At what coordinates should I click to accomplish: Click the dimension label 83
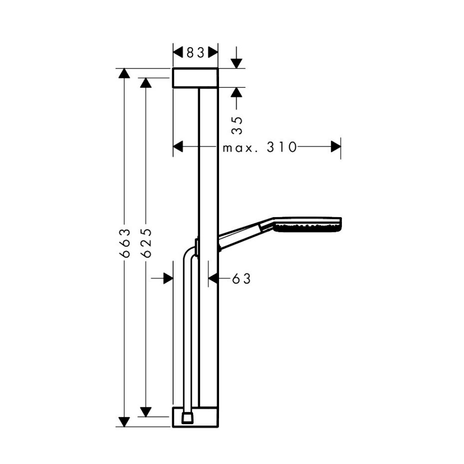tap(196, 53)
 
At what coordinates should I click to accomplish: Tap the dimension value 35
tap(237, 125)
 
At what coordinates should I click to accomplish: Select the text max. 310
tap(259, 147)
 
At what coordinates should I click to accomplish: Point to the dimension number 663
tap(125, 243)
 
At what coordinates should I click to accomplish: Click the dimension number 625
tap(146, 243)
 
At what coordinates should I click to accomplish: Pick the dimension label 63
tap(241, 279)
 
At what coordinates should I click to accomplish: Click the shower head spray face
tap(308, 228)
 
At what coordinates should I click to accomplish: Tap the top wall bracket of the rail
tap(195, 78)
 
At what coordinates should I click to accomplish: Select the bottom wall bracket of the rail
tap(195, 417)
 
